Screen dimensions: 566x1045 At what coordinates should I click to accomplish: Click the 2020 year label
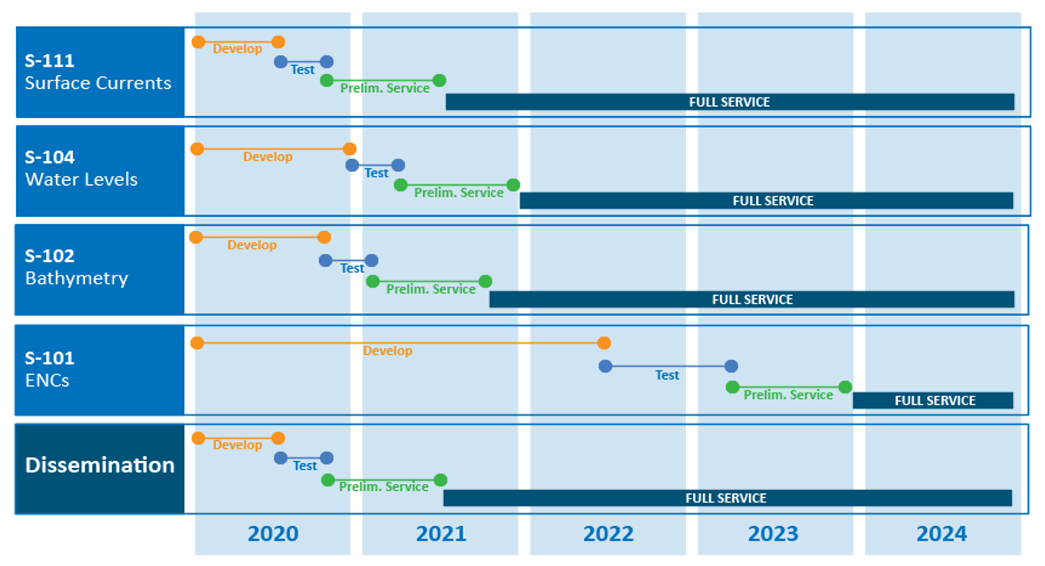273,534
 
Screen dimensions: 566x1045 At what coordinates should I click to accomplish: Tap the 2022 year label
608,534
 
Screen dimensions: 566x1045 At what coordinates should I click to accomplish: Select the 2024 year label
942,534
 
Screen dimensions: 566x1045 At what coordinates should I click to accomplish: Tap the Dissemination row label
100,466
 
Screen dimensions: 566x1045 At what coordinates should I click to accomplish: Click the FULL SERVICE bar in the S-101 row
933,400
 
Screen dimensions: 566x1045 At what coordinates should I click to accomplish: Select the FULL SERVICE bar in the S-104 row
767,201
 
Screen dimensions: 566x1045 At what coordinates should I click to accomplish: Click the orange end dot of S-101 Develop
604,343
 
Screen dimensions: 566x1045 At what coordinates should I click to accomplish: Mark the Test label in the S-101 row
667,375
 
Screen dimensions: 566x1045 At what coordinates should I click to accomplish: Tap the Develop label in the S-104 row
268,156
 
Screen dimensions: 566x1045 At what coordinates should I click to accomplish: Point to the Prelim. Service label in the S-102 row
431,289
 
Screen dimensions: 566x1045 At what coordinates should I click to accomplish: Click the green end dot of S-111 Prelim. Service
439,81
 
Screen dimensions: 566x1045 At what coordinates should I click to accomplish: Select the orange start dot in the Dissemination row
199,438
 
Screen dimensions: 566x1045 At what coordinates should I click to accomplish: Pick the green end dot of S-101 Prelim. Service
845,387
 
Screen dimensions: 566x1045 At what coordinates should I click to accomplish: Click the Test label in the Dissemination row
304,466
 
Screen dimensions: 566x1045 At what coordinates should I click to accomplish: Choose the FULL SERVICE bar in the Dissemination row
727,498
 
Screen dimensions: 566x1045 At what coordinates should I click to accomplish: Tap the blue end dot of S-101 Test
731,367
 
